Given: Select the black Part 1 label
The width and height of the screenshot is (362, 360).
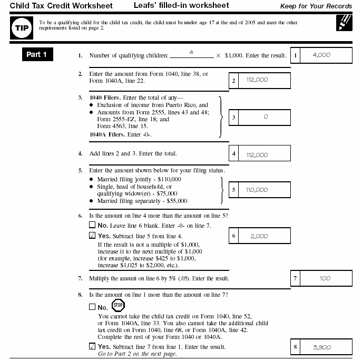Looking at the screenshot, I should [x=37, y=55].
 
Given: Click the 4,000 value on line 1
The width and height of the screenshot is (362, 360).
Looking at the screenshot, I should [x=321, y=55].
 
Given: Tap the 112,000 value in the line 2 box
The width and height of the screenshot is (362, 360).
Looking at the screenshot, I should [x=257, y=80].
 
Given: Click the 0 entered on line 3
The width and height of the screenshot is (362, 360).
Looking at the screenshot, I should [x=265, y=117].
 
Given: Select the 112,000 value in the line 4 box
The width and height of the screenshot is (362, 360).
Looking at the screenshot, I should [x=257, y=155].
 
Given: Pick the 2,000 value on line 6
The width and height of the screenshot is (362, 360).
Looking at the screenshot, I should [x=259, y=237].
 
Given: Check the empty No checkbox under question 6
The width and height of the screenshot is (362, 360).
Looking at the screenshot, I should [x=93, y=226].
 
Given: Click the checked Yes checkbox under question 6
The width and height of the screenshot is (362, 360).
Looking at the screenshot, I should [x=93, y=236].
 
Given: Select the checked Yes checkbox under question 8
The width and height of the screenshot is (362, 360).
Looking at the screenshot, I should [x=93, y=346].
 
